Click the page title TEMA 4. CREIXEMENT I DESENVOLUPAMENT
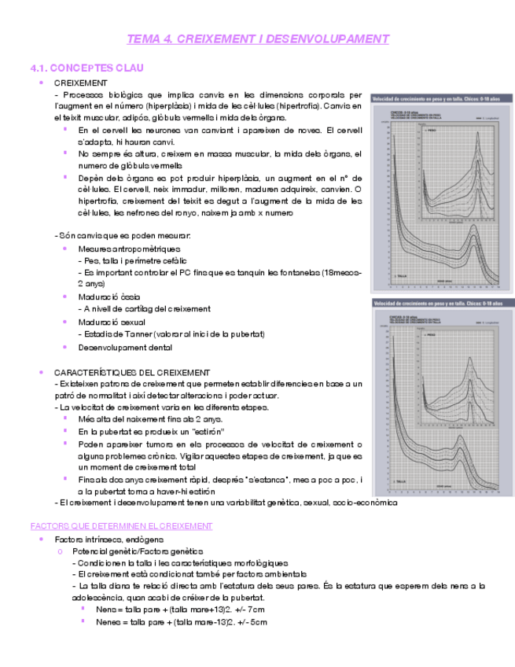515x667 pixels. point(258,39)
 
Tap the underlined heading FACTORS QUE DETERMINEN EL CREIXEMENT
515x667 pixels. point(121,525)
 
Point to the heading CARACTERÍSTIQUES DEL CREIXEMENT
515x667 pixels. point(131,372)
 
